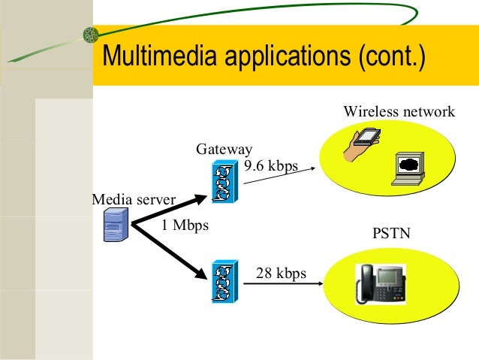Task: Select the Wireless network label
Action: [x=399, y=112]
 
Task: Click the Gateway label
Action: [x=224, y=149]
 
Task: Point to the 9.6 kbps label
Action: [x=271, y=165]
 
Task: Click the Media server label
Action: [x=133, y=200]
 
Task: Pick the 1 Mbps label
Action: [x=185, y=225]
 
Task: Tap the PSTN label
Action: [x=391, y=234]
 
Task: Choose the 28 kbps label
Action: [x=281, y=273]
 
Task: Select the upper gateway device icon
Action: [x=224, y=182]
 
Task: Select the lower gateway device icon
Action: [x=224, y=281]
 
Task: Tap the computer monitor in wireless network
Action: [x=408, y=167]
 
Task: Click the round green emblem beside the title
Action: [x=90, y=35]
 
